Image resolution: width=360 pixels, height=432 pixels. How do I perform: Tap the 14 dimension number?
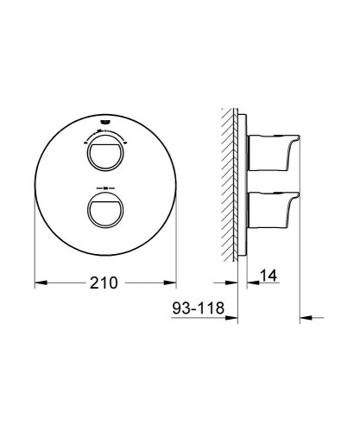(268, 276)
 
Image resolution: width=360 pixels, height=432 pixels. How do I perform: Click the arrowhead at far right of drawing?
(304, 319)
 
